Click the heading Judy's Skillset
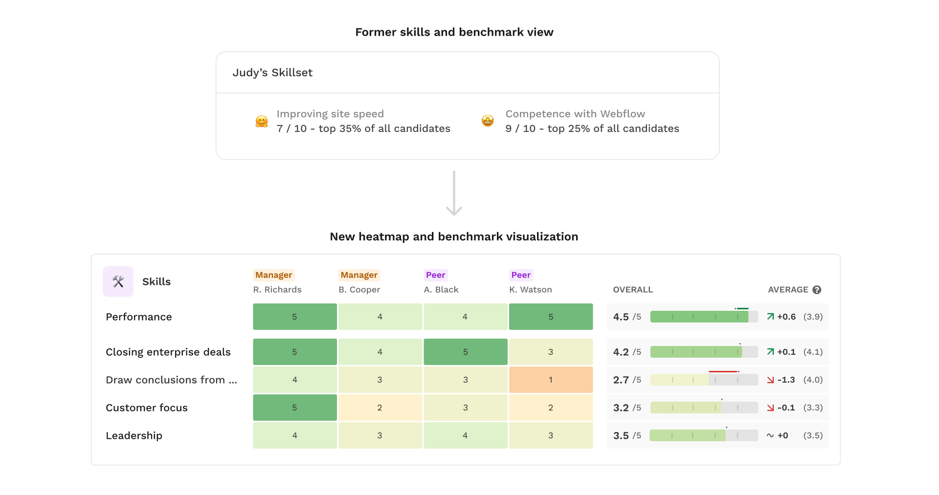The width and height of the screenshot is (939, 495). (x=272, y=73)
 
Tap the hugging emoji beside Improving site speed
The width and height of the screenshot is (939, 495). (x=262, y=121)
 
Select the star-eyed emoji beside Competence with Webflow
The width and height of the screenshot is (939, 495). (x=488, y=121)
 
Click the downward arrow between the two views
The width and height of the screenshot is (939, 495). (x=454, y=193)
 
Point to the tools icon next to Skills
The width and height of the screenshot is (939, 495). (x=118, y=281)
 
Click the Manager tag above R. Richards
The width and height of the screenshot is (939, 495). (x=274, y=275)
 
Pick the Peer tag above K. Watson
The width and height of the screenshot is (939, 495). (x=521, y=275)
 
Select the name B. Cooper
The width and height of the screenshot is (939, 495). (x=359, y=290)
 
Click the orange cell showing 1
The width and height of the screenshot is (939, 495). (x=551, y=380)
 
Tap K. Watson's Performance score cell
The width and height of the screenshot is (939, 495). (x=551, y=317)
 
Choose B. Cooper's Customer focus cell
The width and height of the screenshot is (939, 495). (x=380, y=408)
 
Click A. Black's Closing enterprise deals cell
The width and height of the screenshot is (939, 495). (x=466, y=352)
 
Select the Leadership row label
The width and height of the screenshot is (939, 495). (x=134, y=435)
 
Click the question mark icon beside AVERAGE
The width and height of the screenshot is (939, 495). (x=817, y=290)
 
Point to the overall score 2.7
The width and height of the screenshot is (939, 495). (x=621, y=380)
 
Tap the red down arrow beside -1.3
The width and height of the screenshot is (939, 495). (x=770, y=380)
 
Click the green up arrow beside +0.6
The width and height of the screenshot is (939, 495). (x=770, y=317)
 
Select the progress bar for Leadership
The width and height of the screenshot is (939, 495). (x=704, y=435)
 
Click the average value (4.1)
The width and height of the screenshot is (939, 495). (x=813, y=352)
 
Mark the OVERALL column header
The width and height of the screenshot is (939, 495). (x=633, y=290)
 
